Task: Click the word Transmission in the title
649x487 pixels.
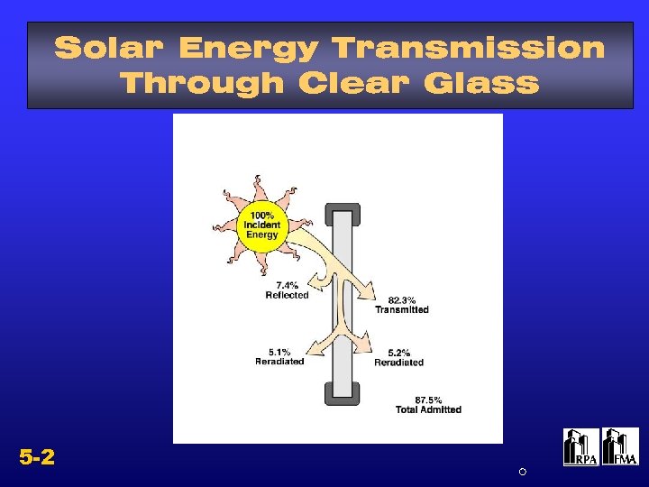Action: (x=468, y=48)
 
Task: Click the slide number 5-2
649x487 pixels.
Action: (x=37, y=457)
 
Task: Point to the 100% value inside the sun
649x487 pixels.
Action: (x=262, y=215)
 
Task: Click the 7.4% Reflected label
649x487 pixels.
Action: (x=287, y=289)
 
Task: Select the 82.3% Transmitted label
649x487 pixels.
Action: (x=402, y=304)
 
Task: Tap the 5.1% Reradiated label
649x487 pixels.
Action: (x=279, y=356)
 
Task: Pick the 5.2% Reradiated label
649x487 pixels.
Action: (x=398, y=357)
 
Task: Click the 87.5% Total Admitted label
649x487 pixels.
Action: (x=428, y=404)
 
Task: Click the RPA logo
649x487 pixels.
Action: (x=580, y=447)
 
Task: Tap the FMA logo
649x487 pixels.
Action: (x=620, y=447)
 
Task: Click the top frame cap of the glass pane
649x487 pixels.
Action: (x=343, y=214)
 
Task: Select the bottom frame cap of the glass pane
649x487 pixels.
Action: (x=343, y=394)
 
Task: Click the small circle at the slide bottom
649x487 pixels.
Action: (x=522, y=472)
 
